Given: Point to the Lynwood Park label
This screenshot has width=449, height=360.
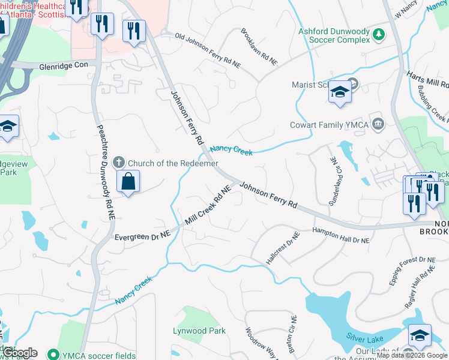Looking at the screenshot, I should coord(199,331).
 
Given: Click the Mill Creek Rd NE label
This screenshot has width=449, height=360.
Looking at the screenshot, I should coord(208,206).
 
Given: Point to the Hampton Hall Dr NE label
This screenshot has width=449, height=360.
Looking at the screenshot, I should coord(341,239).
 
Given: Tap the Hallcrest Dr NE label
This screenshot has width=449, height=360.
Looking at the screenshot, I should coord(282,252).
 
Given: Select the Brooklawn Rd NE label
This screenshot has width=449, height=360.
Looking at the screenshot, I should coord(259,46).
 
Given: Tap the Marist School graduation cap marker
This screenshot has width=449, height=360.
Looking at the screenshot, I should coord(340,92).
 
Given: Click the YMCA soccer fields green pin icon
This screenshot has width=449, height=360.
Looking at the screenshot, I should coord(53,354).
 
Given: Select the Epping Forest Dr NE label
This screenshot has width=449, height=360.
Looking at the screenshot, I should coord(411,272).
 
